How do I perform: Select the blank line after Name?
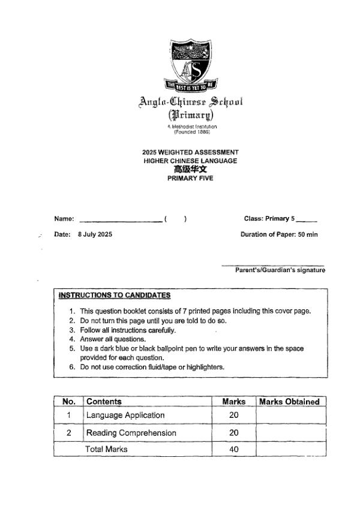pyautogui.click(x=120, y=219)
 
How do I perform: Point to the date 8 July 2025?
pyautogui.click(x=95, y=234)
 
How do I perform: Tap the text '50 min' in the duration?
pyautogui.click(x=307, y=234)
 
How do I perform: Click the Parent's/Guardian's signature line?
pyautogui.click(x=273, y=265)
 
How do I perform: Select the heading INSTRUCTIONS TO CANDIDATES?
pyautogui.click(x=115, y=295)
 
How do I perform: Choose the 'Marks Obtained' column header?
pyautogui.click(x=289, y=402)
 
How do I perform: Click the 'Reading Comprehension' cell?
pyautogui.click(x=131, y=433)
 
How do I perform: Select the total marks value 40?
pyautogui.click(x=234, y=448)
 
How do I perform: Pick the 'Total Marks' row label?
pyautogui.click(x=106, y=448)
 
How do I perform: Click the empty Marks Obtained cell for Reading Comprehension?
pyautogui.click(x=290, y=433)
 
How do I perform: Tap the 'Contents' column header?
pyautogui.click(x=104, y=402)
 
